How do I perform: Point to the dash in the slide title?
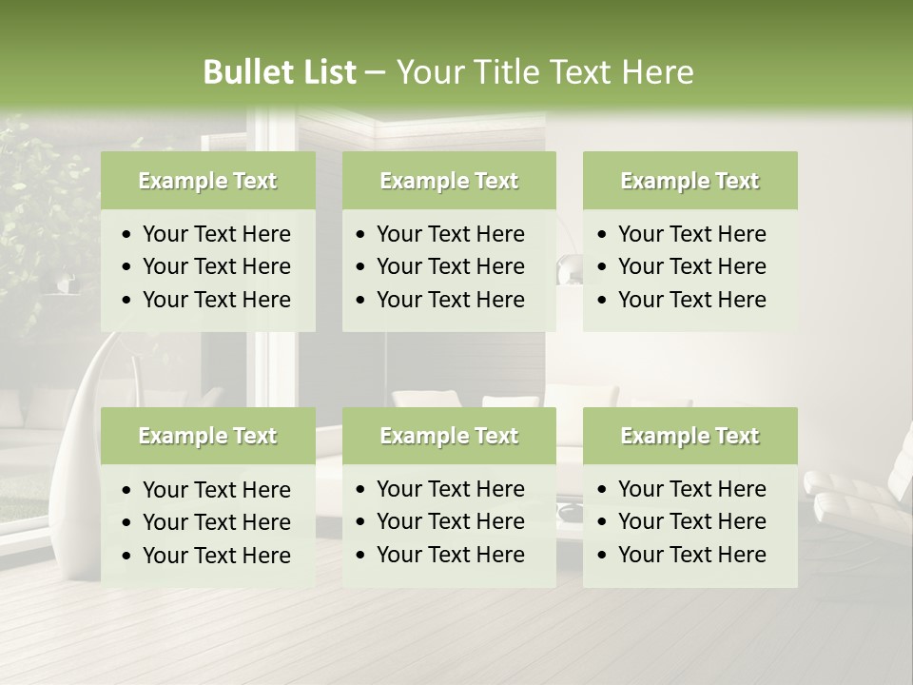[x=375, y=73]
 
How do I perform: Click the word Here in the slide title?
[x=657, y=72]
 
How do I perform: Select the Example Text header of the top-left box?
[x=207, y=181]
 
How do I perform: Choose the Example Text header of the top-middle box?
[x=449, y=181]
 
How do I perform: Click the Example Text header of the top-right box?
[x=690, y=181]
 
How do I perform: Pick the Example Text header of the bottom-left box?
[x=207, y=436]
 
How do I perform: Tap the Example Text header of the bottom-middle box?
[x=449, y=436]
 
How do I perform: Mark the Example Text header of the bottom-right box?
[x=690, y=436]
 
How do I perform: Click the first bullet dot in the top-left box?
[x=127, y=235]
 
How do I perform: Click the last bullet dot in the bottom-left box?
[x=127, y=556]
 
